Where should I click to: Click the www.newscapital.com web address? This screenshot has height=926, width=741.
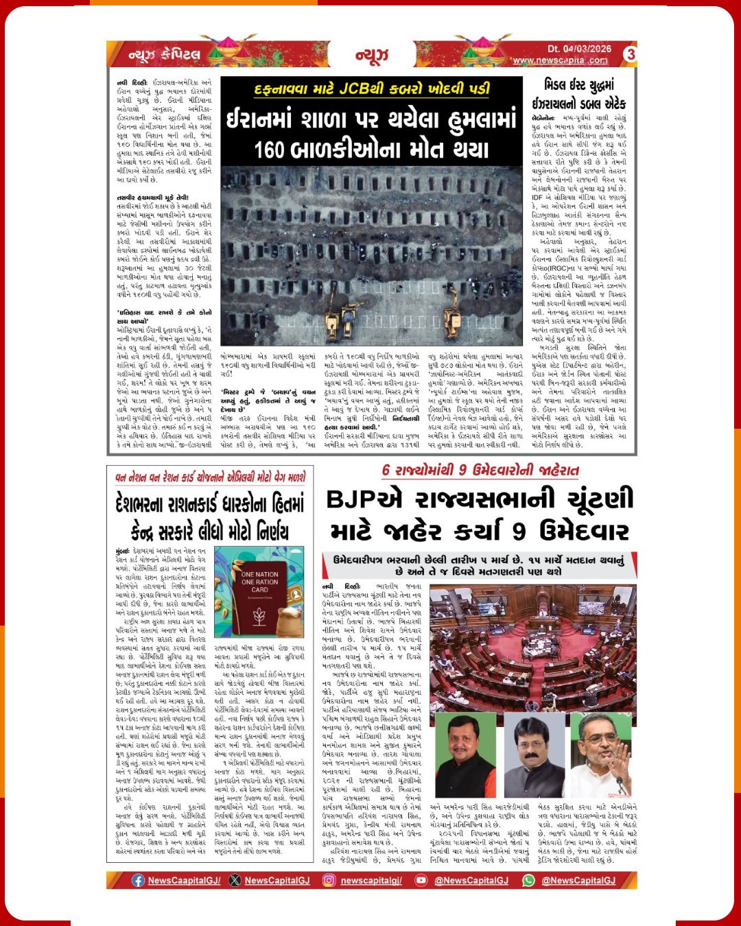pyautogui.click(x=561, y=60)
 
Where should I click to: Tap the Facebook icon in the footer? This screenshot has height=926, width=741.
pyautogui.click(x=138, y=880)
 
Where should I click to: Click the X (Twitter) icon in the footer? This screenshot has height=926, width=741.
pyautogui.click(x=235, y=880)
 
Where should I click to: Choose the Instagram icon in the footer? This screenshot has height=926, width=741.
pyautogui.click(x=329, y=880)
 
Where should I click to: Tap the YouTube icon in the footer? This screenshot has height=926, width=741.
pyautogui.click(x=421, y=880)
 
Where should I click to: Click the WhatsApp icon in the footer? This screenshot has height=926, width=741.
pyautogui.click(x=528, y=880)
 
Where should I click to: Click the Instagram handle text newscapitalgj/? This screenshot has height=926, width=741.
pyautogui.click(x=371, y=880)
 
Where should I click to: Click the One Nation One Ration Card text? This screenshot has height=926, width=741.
pyautogui.click(x=259, y=582)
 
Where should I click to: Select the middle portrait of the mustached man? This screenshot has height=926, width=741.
pyautogui.click(x=533, y=758)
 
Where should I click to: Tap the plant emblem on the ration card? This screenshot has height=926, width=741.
pyautogui.click(x=260, y=617)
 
